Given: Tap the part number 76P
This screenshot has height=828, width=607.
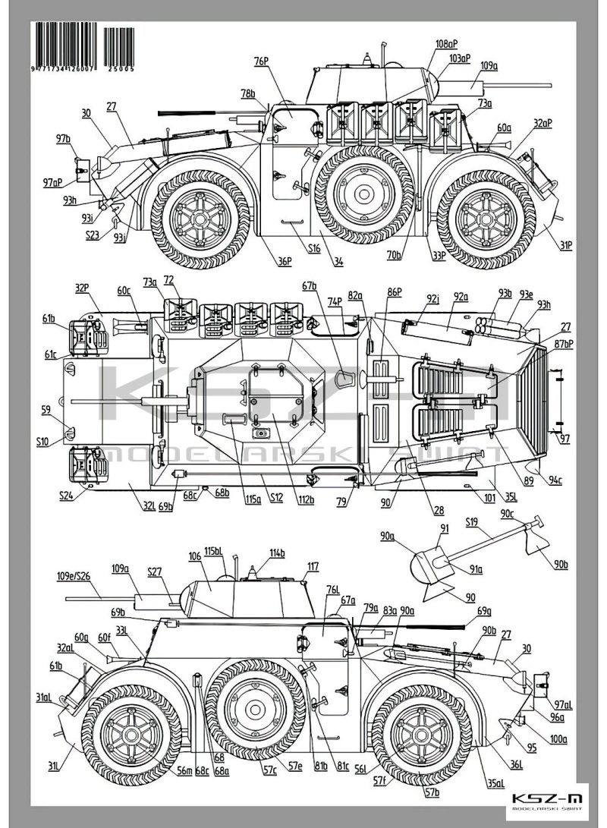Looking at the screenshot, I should (x=263, y=61).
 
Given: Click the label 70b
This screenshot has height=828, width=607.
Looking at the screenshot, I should (x=394, y=257).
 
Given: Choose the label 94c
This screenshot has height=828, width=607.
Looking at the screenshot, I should (x=557, y=480).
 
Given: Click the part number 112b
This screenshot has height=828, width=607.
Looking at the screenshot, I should (x=306, y=499).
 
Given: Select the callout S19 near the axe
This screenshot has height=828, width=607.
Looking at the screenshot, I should (x=471, y=522).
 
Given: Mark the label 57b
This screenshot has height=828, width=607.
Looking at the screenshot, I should (x=432, y=792).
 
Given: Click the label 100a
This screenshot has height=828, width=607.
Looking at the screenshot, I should (x=559, y=738).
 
